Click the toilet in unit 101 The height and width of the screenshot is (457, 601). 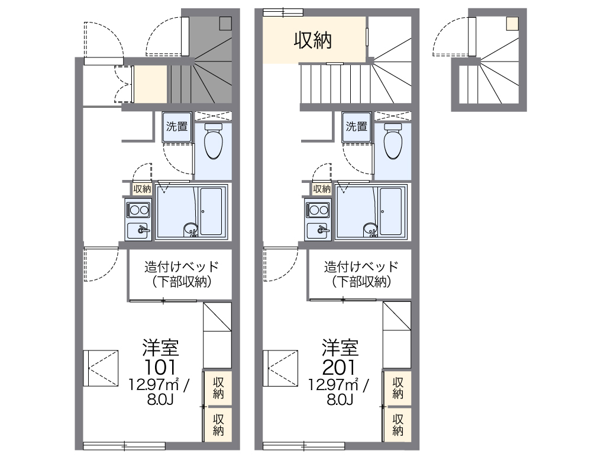[213, 141]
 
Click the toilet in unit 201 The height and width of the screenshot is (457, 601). [393, 141]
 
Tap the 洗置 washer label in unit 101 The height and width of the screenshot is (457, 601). [177, 126]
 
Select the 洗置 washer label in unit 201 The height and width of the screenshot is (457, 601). [357, 126]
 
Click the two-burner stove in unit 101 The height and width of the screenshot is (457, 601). [138, 210]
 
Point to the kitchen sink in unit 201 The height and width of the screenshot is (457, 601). [318, 231]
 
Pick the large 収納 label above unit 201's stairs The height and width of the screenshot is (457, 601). [313, 40]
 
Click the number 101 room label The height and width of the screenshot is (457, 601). [160, 368]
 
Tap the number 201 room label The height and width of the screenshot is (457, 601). [339, 368]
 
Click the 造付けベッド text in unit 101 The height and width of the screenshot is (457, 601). [181, 266]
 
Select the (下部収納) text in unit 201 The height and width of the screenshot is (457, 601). [361, 282]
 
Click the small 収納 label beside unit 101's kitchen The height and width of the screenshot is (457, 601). [142, 189]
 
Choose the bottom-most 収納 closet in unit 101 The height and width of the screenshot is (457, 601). [218, 425]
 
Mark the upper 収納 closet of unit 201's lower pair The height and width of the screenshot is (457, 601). [398, 388]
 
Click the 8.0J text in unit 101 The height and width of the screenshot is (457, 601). [160, 400]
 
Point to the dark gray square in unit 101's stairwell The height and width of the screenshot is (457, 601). [225, 24]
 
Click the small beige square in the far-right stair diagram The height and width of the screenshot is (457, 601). [512, 24]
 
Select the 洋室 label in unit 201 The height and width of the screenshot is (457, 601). [340, 347]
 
